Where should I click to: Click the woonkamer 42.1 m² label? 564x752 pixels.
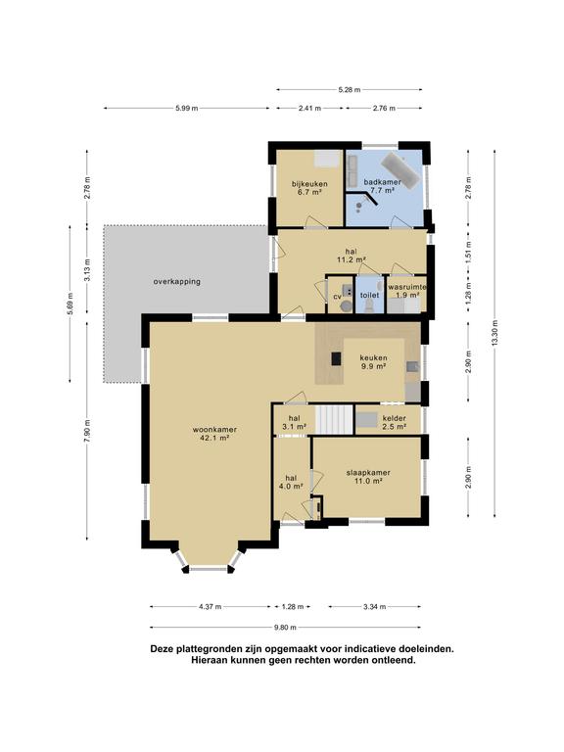[214, 433]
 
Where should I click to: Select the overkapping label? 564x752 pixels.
[177, 282]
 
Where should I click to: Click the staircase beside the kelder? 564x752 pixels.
[334, 419]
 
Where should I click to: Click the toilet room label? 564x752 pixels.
[369, 295]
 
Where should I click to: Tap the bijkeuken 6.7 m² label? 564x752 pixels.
[309, 188]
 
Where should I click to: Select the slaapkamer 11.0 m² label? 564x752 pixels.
[368, 476]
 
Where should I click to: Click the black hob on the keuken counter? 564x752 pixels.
[337, 358]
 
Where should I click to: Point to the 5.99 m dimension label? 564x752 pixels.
[187, 108]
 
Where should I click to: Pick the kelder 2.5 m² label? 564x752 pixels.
[395, 422]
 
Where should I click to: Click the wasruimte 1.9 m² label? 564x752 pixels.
[407, 291]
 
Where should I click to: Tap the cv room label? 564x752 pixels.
[337, 297]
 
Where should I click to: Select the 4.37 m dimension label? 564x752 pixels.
[211, 606]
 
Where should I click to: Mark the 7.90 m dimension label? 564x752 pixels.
[87, 431]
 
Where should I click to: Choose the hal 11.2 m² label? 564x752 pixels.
[352, 257]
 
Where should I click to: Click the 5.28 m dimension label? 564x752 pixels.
[350, 89]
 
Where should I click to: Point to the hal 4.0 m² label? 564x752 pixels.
[291, 482]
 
